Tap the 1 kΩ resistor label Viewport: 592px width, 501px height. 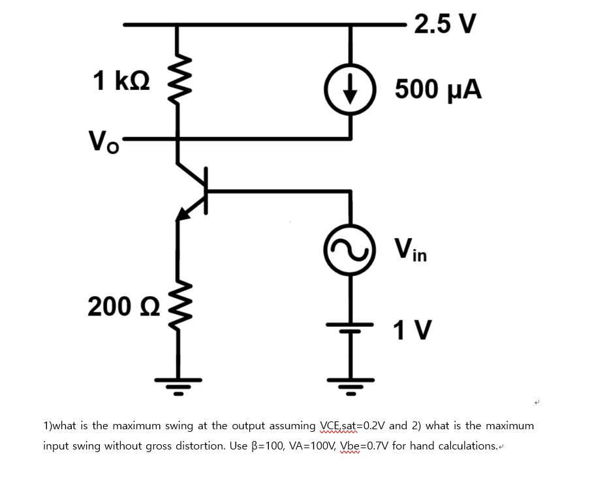[121, 82]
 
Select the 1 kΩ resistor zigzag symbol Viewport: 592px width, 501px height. [176, 82]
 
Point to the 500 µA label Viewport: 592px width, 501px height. [439, 89]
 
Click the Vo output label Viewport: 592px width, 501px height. [104, 140]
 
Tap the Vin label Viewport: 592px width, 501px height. [411, 249]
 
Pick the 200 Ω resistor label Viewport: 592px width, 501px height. [119, 306]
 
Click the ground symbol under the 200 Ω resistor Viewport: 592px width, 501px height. [176, 385]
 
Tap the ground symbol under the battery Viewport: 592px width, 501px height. [351, 385]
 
